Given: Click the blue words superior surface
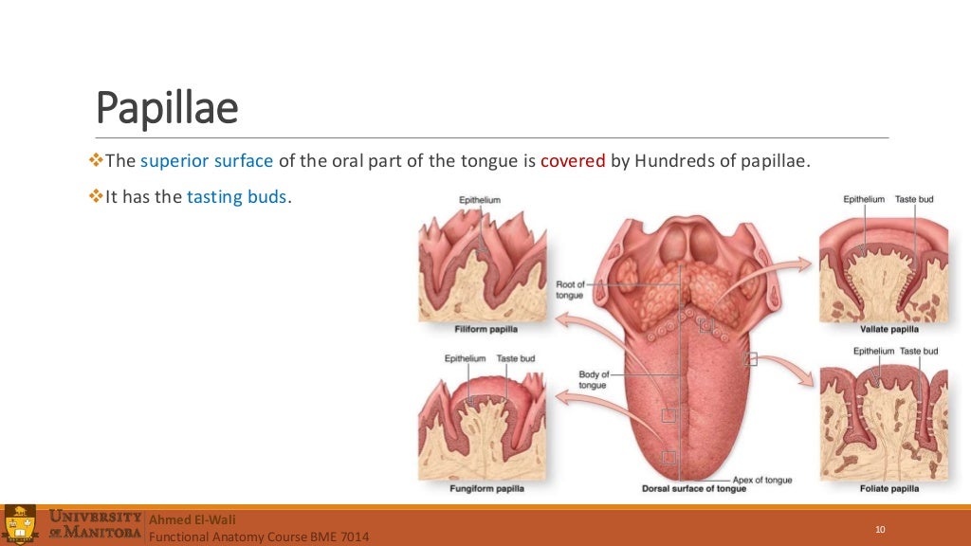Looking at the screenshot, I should (206, 160).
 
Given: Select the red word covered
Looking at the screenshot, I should (573, 160).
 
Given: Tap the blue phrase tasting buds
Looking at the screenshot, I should (236, 198).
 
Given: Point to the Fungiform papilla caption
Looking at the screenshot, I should (486, 488).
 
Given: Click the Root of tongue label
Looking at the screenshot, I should (571, 289).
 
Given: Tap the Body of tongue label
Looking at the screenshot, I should (593, 379).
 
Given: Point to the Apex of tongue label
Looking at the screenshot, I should (762, 480).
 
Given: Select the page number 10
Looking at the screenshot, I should (880, 529).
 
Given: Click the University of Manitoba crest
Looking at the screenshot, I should (20, 525).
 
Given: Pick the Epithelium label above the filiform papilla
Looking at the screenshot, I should (480, 200).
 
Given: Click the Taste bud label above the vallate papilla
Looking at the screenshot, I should (914, 199).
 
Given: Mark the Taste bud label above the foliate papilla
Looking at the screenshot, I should (918, 351).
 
